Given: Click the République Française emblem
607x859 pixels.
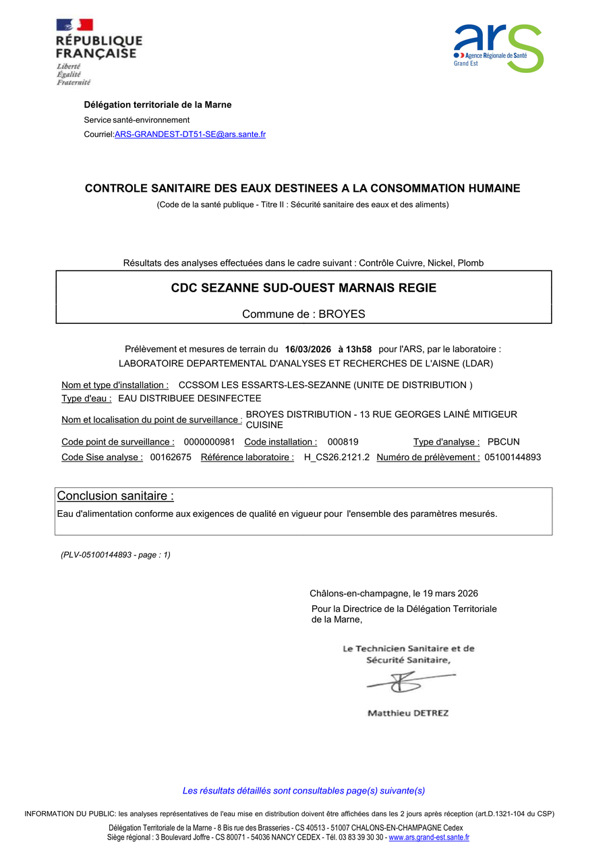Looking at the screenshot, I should pos(98,52).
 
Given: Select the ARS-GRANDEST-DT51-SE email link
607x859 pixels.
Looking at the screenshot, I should pos(190,134).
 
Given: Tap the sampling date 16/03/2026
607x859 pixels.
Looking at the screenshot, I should pos(308,350).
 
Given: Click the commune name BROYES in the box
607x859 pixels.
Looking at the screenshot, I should pos(341,314).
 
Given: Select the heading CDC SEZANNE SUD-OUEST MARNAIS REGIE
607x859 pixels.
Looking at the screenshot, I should pos(303,288).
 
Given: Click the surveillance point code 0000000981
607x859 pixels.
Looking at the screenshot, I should pos(209,442).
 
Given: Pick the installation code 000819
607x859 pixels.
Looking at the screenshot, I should pos(343,442).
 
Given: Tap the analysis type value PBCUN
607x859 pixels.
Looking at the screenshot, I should pos(503,442).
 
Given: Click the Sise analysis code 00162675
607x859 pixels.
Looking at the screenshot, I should pos(171,457).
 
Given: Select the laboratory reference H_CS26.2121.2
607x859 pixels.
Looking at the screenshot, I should pos(337,457).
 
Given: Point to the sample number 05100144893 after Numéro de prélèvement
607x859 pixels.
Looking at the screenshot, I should pos(513,457).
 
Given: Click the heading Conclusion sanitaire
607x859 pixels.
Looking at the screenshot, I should pos(115,496).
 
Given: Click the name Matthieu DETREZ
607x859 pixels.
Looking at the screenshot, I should pos(407,713).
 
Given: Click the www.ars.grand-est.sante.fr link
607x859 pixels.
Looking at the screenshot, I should pos(429,837).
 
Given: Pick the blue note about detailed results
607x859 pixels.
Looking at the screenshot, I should pos(303,791).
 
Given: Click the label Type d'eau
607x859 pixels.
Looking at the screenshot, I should pos(86,399).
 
